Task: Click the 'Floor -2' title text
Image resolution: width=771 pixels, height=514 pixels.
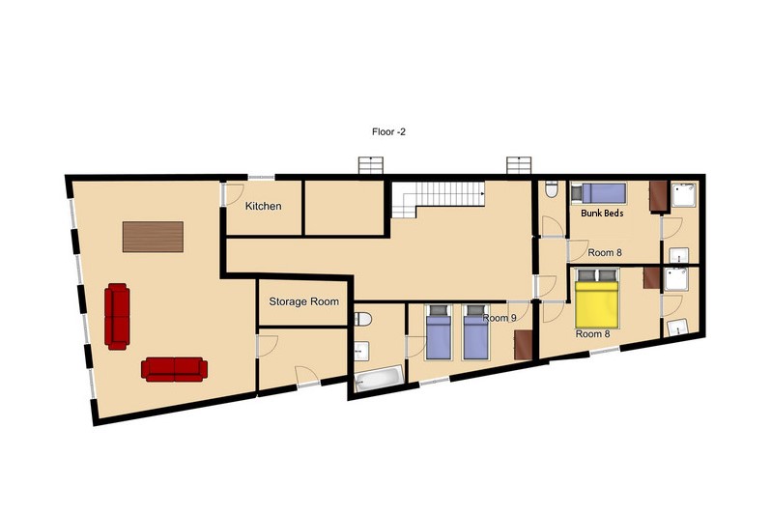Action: tap(388, 131)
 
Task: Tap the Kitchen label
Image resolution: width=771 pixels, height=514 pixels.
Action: tap(263, 206)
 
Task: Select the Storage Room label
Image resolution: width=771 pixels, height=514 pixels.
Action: tap(304, 301)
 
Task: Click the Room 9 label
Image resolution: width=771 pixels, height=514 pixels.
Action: tap(500, 318)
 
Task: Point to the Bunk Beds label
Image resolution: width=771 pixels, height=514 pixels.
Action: tap(602, 213)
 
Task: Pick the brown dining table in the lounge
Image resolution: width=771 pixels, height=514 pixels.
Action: tap(153, 237)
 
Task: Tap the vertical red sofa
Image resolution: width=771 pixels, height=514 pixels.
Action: tap(117, 316)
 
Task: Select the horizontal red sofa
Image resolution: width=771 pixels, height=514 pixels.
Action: tap(174, 369)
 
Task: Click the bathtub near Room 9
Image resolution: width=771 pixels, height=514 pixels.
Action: tap(379, 379)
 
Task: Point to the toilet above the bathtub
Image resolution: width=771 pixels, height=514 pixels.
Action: tap(362, 319)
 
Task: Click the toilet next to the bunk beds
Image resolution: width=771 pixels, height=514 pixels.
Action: tap(552, 189)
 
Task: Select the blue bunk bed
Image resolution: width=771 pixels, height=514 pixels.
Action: tap(598, 193)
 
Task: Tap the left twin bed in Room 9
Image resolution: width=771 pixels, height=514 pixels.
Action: tap(438, 332)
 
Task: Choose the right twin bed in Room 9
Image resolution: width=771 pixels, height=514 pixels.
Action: tap(475, 332)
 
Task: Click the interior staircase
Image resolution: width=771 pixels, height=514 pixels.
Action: tap(438, 199)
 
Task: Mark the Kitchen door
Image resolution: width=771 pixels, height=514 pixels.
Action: tap(231, 193)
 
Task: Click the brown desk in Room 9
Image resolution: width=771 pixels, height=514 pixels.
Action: tap(523, 345)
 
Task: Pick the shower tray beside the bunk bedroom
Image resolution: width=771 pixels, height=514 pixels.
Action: tap(684, 194)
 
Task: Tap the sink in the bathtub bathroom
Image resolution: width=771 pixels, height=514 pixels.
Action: tap(362, 350)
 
